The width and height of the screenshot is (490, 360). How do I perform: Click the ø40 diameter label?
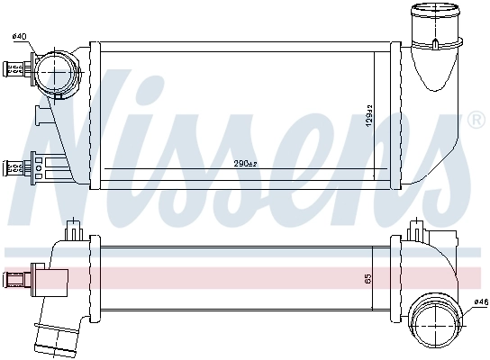coord(18,37)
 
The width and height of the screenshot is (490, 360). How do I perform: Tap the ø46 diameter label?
coord(479,303)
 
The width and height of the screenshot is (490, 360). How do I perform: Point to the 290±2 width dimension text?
coord(245,163)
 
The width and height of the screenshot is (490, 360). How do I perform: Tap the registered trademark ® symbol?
coord(476,120)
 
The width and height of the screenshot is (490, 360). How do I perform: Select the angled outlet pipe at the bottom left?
coord(51,337)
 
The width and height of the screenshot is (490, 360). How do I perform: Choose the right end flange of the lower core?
coord(394,278)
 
